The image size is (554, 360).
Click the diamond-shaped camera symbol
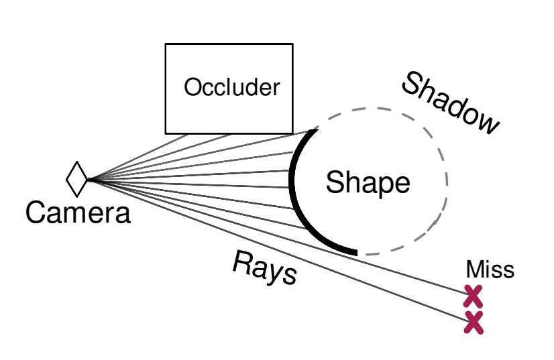(x=77, y=180)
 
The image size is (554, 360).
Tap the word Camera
(x=78, y=213)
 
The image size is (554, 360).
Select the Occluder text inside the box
(x=231, y=87)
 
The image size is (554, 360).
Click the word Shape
(x=368, y=182)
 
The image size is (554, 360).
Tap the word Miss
(x=490, y=270)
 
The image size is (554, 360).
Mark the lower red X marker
(x=474, y=323)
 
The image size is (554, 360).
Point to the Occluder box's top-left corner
(x=166, y=45)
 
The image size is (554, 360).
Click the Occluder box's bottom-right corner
(x=292, y=132)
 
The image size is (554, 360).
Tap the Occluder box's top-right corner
(x=292, y=45)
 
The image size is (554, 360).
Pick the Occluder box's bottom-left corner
(x=166, y=132)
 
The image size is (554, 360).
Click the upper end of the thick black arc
(x=316, y=131)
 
